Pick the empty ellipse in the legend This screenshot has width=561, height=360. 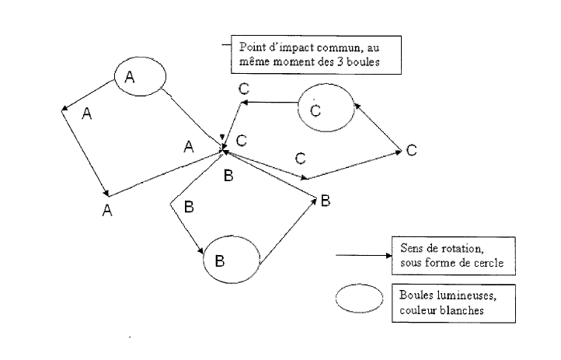point(360,299)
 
